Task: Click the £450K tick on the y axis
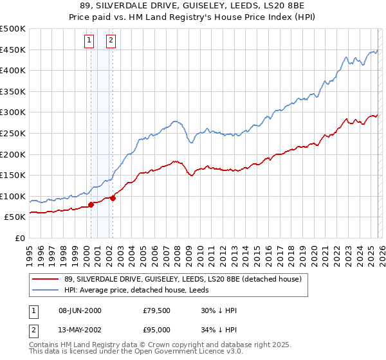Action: [x=13, y=50]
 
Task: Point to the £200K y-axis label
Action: [x=13, y=154]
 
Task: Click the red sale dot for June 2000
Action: [x=91, y=204]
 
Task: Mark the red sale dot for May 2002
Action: [x=113, y=198]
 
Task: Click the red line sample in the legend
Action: [x=45, y=280]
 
